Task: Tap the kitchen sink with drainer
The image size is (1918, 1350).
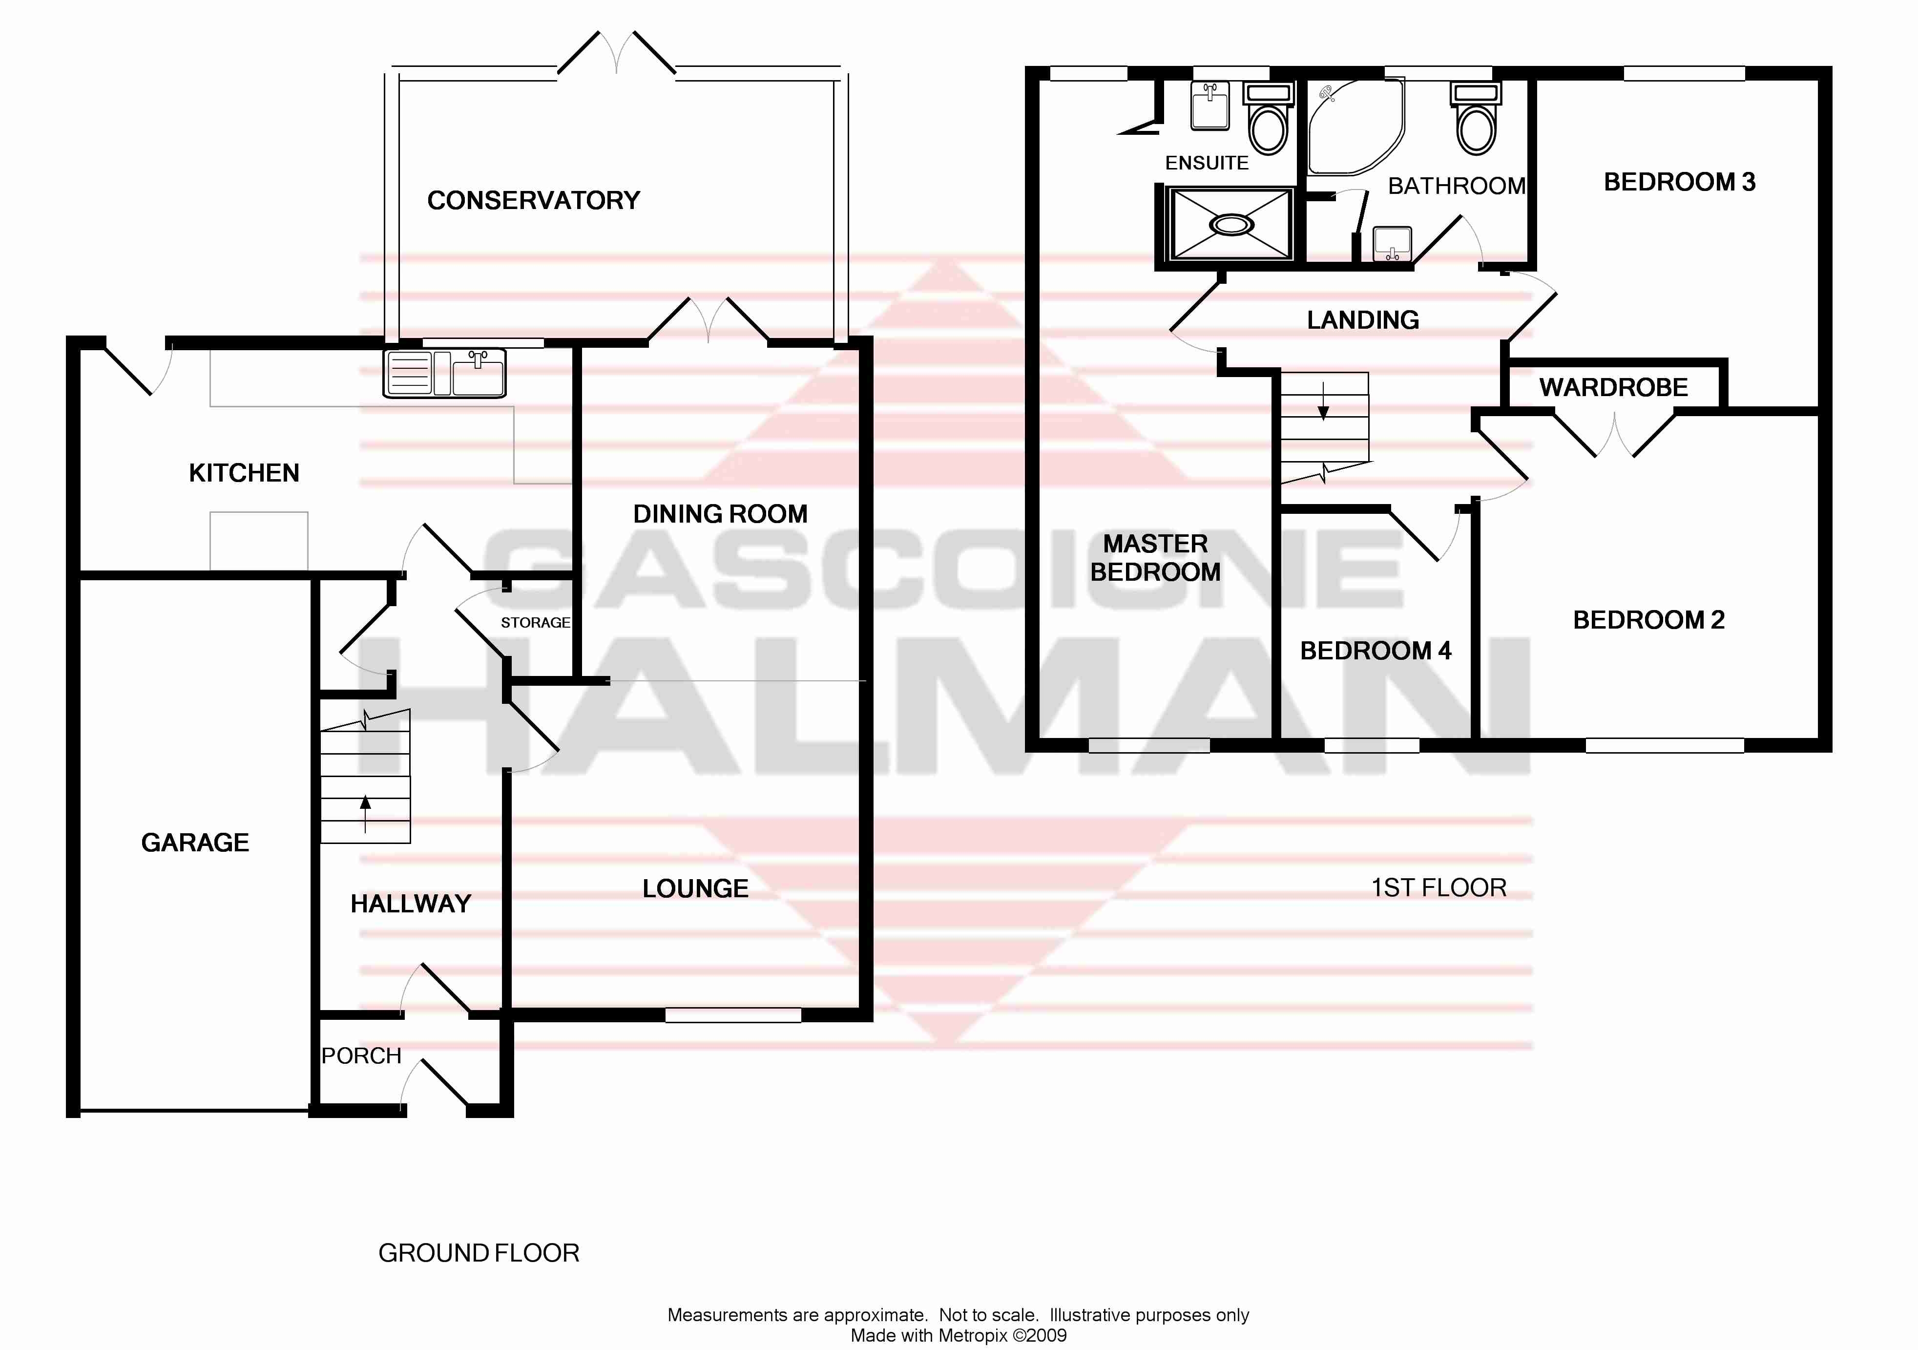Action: coord(444,373)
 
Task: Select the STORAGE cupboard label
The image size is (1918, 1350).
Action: coord(535,622)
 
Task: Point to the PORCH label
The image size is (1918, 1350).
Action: coord(361,1056)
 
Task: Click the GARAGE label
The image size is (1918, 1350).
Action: coord(195,842)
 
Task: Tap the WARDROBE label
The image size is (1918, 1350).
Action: coord(1613,388)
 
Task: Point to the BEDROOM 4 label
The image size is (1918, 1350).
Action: coord(1375,651)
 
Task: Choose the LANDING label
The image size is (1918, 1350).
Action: coord(1362,320)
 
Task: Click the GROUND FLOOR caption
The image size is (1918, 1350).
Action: coord(478,1253)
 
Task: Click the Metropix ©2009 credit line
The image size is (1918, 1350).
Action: coord(958,1335)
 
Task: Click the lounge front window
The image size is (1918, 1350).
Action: coord(732,1015)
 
